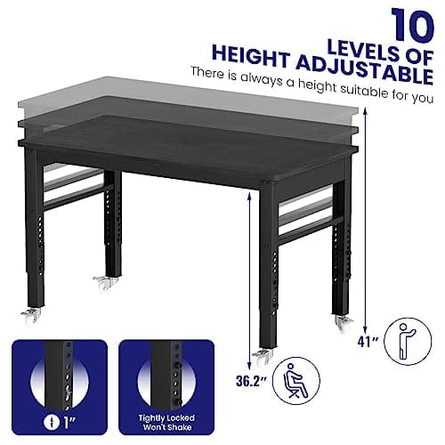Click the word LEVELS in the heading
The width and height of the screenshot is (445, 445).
(361, 34)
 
